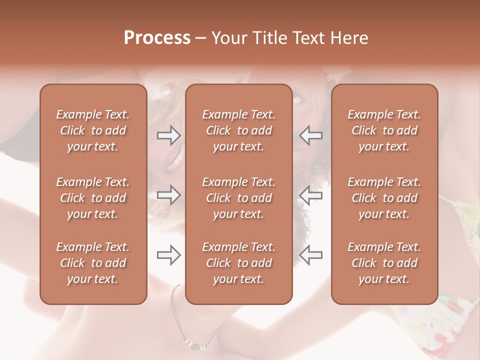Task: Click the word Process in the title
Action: click(x=157, y=38)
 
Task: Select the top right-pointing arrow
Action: click(x=168, y=135)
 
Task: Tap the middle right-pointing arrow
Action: click(x=168, y=195)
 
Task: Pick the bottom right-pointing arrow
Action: click(x=168, y=255)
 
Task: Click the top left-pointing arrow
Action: click(x=310, y=135)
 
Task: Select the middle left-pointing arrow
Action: click(x=310, y=195)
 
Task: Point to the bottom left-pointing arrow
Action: click(x=310, y=255)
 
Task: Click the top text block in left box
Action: click(x=93, y=130)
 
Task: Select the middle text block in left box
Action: click(x=93, y=198)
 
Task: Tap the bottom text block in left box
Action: click(x=93, y=263)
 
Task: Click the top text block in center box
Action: click(x=239, y=130)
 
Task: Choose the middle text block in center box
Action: click(x=239, y=198)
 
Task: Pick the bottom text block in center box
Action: click(x=239, y=263)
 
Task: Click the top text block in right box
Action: click(x=384, y=130)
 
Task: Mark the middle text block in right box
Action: click(x=384, y=198)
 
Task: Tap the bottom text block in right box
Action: click(x=384, y=263)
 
